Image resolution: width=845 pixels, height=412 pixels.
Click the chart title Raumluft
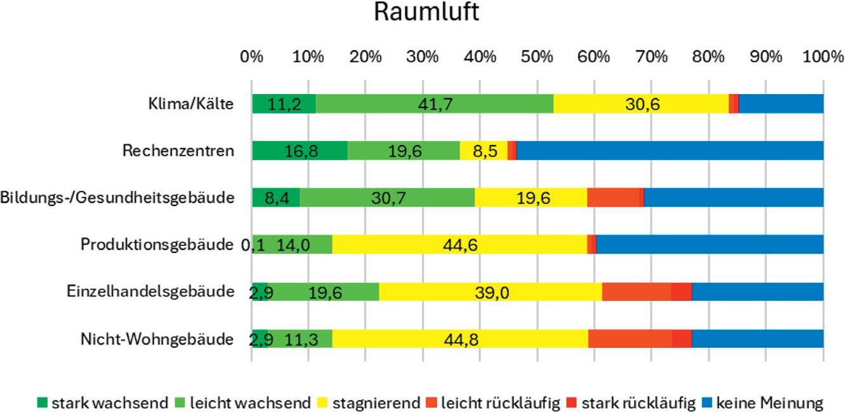(x=426, y=12)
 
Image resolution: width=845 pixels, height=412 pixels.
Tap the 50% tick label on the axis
(x=537, y=57)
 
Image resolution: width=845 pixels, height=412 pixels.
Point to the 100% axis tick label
(x=823, y=57)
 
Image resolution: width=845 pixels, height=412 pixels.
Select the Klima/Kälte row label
(x=191, y=104)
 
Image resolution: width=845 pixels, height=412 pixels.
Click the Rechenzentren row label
(x=179, y=150)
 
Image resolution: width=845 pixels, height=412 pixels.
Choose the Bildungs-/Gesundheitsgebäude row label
(x=118, y=198)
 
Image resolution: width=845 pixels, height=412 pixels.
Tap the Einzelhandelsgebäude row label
(x=151, y=292)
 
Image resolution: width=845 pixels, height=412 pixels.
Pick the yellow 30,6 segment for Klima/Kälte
(x=641, y=104)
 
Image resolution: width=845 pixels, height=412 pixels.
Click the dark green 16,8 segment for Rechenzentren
(x=300, y=151)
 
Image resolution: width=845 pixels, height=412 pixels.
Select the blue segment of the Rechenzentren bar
(x=670, y=151)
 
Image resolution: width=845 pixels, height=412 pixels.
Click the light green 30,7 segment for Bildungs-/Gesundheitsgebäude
(x=388, y=198)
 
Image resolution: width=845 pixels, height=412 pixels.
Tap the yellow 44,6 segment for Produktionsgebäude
(x=460, y=244)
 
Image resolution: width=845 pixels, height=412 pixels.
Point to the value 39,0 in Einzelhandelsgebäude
(x=492, y=292)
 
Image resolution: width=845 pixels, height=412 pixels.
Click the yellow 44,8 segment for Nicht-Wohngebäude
(x=460, y=338)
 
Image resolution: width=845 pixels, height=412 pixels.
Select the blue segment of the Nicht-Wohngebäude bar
(x=757, y=338)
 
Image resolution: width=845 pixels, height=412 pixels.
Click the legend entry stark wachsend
(x=103, y=403)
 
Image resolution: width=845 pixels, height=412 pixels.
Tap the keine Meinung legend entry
(x=762, y=403)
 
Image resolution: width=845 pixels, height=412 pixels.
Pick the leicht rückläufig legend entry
(x=493, y=403)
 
